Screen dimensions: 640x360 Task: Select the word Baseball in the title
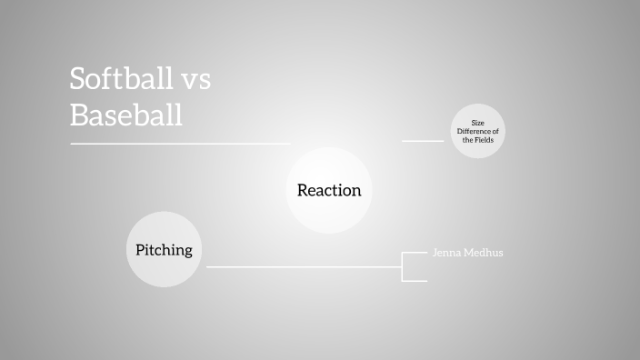(x=126, y=115)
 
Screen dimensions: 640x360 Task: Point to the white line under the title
(x=180, y=143)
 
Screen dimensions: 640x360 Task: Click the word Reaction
(x=329, y=191)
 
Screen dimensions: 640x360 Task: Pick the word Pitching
(x=164, y=249)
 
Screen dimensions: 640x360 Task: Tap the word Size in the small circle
(x=478, y=123)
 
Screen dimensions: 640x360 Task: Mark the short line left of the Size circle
(x=423, y=141)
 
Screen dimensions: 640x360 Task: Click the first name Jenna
(x=445, y=253)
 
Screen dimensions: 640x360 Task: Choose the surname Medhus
(x=484, y=253)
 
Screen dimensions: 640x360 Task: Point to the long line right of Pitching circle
(x=305, y=266)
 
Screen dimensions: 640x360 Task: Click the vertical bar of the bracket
(x=402, y=266)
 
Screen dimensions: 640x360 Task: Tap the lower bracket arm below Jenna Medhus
(x=415, y=281)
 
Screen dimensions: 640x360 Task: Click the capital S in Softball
(x=78, y=79)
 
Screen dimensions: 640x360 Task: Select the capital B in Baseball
(x=79, y=115)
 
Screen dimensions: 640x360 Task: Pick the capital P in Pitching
(x=140, y=249)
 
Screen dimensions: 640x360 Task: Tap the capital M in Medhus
(x=468, y=253)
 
